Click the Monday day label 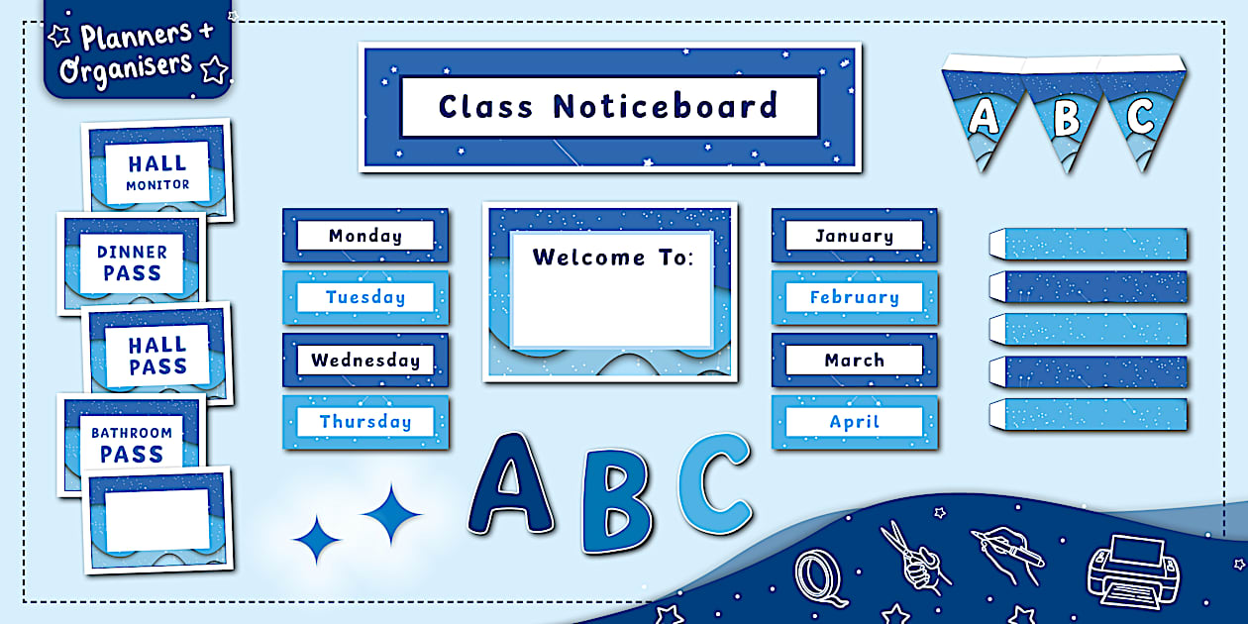365,236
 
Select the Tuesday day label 365,297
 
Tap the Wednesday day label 365,361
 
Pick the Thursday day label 365,422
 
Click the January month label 854,236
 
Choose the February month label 854,297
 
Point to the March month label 854,361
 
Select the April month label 854,422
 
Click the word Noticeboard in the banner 665,106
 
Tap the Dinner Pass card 132,262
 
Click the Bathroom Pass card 132,444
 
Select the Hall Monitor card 157,171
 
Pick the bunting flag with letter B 1066,119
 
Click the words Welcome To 613,258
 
